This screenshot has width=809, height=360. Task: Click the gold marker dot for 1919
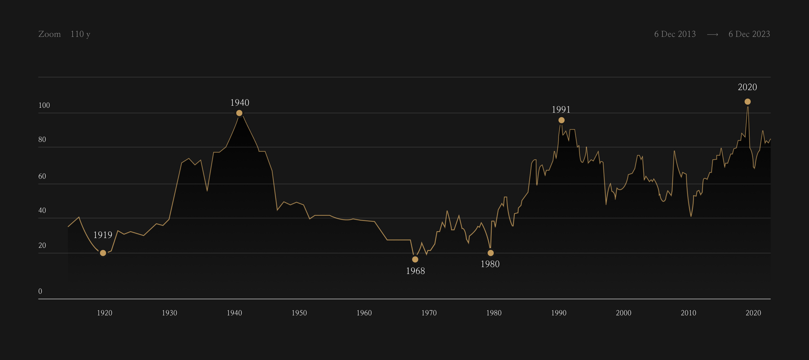click(x=103, y=253)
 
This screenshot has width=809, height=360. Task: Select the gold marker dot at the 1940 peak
click(x=239, y=113)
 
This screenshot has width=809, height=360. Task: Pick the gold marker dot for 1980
click(x=491, y=253)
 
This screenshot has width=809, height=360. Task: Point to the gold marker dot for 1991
click(x=561, y=120)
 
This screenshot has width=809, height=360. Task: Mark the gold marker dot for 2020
click(x=748, y=102)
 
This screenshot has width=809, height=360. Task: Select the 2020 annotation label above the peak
click(x=747, y=87)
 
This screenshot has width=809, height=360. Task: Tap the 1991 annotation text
click(x=561, y=110)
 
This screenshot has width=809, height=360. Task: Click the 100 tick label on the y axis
click(x=44, y=105)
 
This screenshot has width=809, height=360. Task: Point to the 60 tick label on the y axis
click(x=42, y=176)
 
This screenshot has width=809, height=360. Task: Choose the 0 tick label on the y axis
click(x=40, y=291)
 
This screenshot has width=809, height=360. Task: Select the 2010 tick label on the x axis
click(x=688, y=313)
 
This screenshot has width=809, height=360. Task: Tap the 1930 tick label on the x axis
click(x=169, y=313)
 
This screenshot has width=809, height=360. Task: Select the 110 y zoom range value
click(x=80, y=34)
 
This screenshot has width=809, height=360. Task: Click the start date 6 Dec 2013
click(x=675, y=34)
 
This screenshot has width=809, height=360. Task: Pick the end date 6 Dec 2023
click(x=749, y=34)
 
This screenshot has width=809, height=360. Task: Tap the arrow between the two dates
click(x=712, y=35)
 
